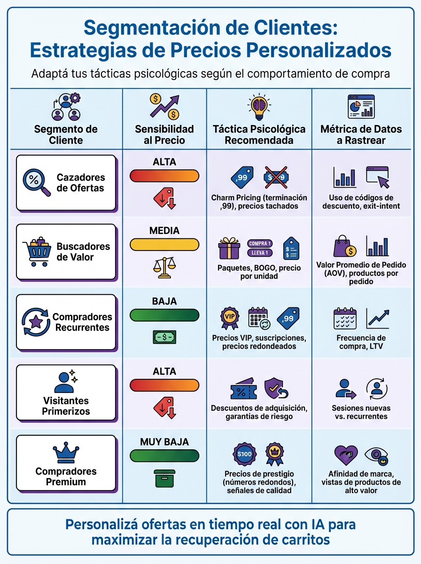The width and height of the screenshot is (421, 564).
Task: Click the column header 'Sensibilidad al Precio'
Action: pyautogui.click(x=164, y=134)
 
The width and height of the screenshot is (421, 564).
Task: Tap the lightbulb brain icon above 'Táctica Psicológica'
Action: pyautogui.click(x=259, y=108)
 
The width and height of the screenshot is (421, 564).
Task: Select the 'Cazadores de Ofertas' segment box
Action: pyautogui.click(x=66, y=183)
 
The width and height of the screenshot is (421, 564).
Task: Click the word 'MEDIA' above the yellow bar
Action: pyautogui.click(x=164, y=231)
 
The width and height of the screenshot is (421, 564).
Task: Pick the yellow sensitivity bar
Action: pyautogui.click(x=164, y=244)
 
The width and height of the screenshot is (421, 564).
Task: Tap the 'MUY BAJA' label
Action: pyautogui.click(x=164, y=442)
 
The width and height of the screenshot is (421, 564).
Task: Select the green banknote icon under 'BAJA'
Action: pyautogui.click(x=164, y=337)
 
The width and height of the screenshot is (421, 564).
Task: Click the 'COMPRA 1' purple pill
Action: pyautogui.click(x=260, y=243)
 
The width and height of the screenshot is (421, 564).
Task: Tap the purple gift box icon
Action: pyautogui.click(x=229, y=248)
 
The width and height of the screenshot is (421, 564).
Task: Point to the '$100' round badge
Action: pyautogui.click(x=245, y=454)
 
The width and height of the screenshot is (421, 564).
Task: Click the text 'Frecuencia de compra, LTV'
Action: pyautogui.click(x=361, y=342)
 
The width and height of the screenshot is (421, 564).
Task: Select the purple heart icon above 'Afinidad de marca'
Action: pyautogui.click(x=345, y=455)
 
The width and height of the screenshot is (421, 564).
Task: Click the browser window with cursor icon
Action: pyautogui.click(x=378, y=177)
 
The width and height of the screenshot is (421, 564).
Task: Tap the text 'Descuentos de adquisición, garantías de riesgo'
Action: pyautogui.click(x=259, y=412)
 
